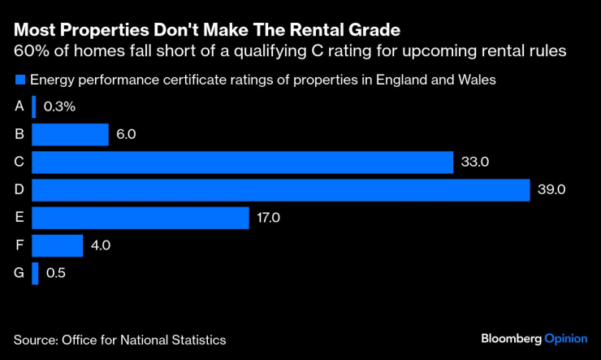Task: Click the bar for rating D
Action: point(281,190)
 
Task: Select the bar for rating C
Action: point(243,163)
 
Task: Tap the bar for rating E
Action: point(141,218)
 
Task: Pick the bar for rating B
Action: point(71,134)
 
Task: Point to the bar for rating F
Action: point(58,245)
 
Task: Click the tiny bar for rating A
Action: point(34,106)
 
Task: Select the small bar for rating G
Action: point(35,273)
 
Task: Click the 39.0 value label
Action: point(551,190)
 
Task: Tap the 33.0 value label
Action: point(474,163)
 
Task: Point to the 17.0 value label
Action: point(270,218)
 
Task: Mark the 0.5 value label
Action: point(56,273)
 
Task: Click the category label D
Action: point(19,190)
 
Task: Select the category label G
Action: point(19,273)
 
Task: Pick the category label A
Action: point(19,106)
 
